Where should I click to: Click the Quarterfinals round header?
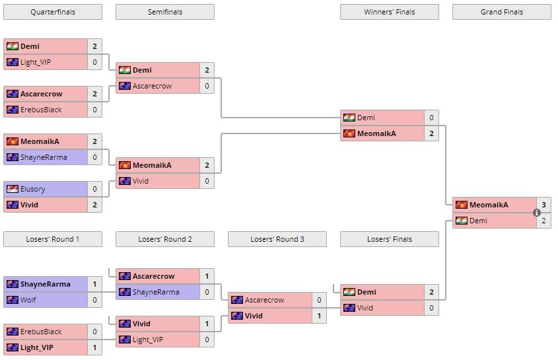click(53, 12)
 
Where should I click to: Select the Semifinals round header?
click(164, 12)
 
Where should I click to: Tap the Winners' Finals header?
click(389, 12)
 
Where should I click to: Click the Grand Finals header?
click(501, 12)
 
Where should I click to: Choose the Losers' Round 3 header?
click(277, 239)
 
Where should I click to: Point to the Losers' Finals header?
click(389, 239)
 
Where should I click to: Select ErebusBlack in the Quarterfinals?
click(40, 110)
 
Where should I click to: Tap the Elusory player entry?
click(33, 189)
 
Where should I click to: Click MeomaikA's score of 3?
click(543, 205)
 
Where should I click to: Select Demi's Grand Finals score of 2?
click(543, 221)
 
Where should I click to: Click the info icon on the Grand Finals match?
click(536, 213)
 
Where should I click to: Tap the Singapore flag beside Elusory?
click(13, 189)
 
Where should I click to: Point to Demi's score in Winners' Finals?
click(431, 118)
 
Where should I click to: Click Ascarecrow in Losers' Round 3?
click(263, 300)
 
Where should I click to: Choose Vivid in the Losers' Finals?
click(366, 308)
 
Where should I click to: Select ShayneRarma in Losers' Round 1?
click(45, 284)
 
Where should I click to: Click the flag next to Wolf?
click(13, 300)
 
